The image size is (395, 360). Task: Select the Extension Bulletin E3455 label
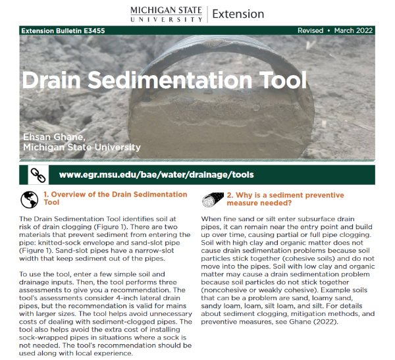tap(63, 31)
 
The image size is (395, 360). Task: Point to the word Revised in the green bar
tap(310, 31)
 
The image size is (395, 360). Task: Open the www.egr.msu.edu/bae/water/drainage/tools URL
tap(156, 175)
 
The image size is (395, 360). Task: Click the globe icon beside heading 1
tap(28, 199)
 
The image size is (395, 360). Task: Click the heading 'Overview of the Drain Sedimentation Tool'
tap(115, 199)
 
